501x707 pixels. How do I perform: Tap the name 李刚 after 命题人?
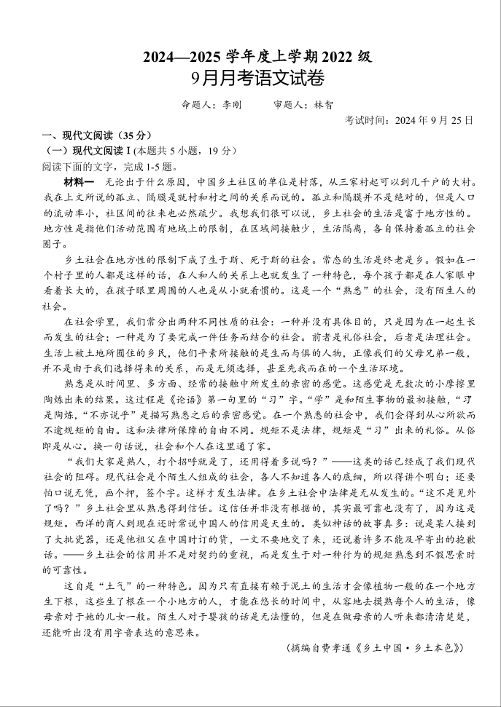230,105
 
